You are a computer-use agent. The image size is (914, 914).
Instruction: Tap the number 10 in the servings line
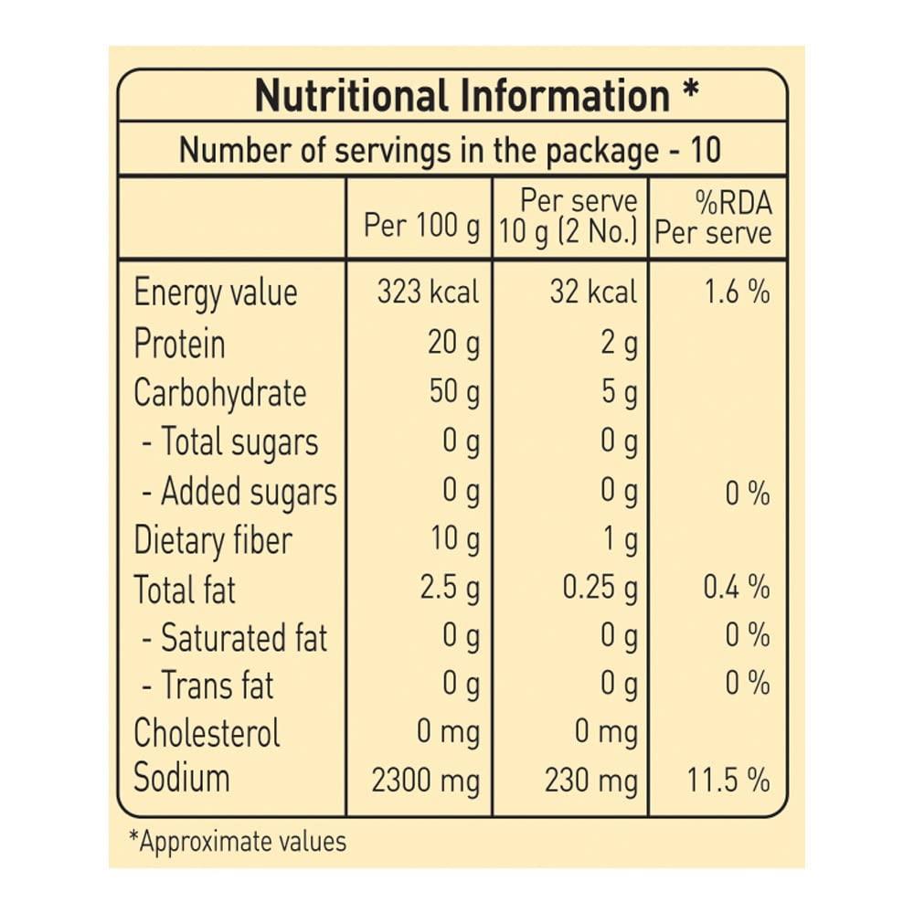coord(706,149)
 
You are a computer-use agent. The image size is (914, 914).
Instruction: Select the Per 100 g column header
coord(421,225)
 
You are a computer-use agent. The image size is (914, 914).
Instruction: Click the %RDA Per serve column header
coord(713,218)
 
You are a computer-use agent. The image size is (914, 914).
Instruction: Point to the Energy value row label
coord(216,293)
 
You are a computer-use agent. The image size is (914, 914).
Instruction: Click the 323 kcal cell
coord(428,292)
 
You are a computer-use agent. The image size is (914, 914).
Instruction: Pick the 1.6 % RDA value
coord(736,292)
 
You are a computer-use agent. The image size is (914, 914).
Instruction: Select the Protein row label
coord(179,345)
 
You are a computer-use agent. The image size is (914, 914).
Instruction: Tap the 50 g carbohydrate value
coord(454,393)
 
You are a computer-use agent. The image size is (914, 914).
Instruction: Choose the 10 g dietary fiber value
coord(454,540)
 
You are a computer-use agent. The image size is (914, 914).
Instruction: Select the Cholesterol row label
coord(207,733)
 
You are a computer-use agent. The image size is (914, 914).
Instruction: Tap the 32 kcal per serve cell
coord(593,292)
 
